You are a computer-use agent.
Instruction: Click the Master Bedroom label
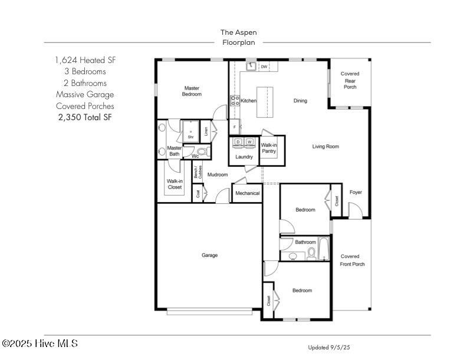point(192,91)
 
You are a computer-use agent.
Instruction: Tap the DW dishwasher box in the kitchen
point(264,67)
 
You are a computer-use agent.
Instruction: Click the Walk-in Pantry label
point(269,148)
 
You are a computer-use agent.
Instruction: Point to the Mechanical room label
point(247,193)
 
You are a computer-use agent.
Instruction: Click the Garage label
point(210,255)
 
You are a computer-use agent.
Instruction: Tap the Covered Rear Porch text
point(350,80)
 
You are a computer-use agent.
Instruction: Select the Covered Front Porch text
point(353,260)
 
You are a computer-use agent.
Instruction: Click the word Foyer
point(356,193)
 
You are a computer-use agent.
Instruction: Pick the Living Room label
point(325,147)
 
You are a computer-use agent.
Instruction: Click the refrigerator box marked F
point(235,127)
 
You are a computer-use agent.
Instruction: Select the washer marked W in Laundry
point(249,142)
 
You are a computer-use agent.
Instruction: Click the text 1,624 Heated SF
point(85,61)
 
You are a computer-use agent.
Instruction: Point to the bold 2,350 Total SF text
point(85,117)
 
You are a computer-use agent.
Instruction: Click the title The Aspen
point(238,32)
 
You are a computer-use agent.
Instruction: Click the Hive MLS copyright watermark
point(40,344)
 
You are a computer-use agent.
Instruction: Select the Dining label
point(300,101)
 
